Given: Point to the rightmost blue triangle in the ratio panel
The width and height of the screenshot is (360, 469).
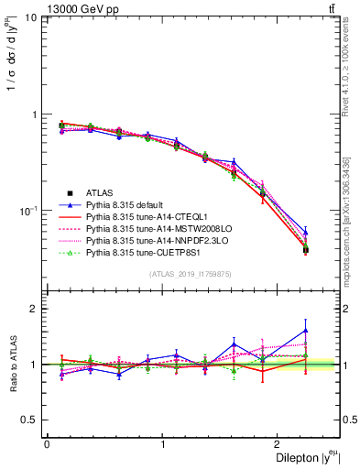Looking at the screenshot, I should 306,331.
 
